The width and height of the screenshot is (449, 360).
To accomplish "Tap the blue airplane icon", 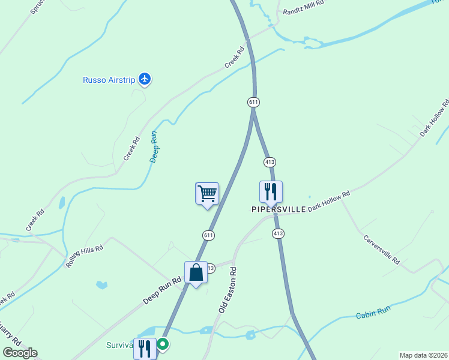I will [x=144, y=78].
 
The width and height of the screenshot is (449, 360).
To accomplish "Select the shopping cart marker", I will [x=207, y=194].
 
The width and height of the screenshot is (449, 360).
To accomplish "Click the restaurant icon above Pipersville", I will [x=271, y=192].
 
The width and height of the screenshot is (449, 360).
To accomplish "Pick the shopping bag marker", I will [x=196, y=273].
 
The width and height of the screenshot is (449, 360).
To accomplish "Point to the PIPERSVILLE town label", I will [x=279, y=209].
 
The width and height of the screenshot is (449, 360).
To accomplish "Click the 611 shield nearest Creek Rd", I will [x=253, y=103].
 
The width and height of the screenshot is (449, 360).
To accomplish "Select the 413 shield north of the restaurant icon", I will [x=269, y=162].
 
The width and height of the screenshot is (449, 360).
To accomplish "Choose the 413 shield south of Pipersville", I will [x=277, y=233].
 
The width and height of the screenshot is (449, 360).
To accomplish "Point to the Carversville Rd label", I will [x=381, y=249].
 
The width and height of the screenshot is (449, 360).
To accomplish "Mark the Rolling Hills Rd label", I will [x=85, y=256].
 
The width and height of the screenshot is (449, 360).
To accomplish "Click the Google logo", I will [x=20, y=353].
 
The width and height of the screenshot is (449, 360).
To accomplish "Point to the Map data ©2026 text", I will [x=423, y=355].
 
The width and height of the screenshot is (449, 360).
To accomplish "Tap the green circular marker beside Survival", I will [x=163, y=344].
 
